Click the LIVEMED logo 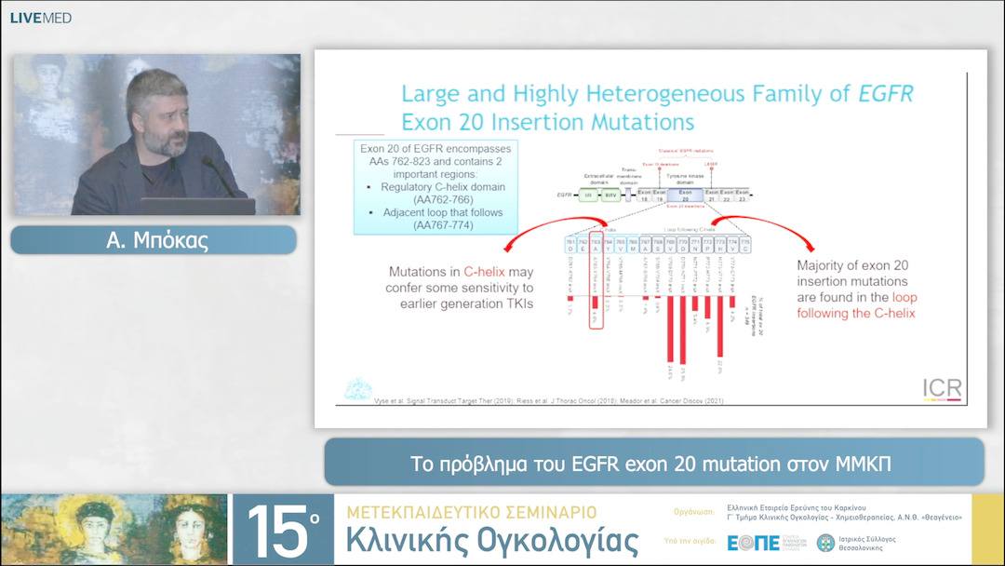tap(40, 18)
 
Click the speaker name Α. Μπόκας tap(154, 240)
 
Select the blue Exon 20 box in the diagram tap(685, 195)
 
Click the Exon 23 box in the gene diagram tap(742, 195)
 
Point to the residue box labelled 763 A tap(596, 245)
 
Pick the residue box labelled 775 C tap(745, 245)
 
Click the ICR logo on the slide tap(941, 388)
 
